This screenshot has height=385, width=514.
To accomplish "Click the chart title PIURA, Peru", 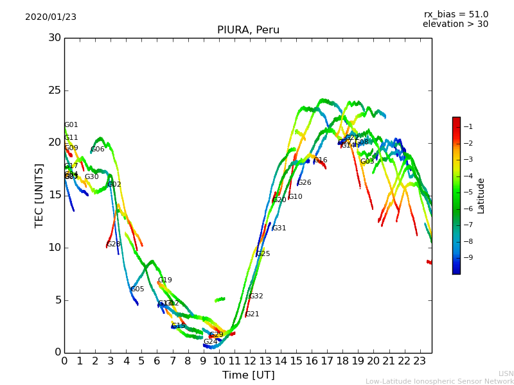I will pos(248,30).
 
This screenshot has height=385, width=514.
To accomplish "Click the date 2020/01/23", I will pos(51,17).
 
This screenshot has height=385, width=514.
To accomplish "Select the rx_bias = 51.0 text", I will pos(456,14).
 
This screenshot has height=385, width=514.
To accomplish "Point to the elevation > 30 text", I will pos(455,24).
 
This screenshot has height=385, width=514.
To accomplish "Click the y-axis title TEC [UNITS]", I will pos(39,195).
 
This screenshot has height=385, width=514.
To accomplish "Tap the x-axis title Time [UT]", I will pos(248,375).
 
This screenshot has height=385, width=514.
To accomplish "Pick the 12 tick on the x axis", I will pos(249,361).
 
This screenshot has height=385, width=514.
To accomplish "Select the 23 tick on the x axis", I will pos(420,361).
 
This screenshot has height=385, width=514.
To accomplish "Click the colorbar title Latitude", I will pos(481,195).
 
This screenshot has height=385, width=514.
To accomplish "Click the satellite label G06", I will pos(98,150).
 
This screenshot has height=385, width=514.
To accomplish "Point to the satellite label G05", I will pos(137,289).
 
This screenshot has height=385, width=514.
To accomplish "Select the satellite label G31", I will pos(279,228).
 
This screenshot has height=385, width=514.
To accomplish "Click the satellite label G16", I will pos(321,160).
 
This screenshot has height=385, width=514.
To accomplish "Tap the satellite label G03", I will pos(367,162).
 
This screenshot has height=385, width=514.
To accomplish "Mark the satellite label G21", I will pos(253,314).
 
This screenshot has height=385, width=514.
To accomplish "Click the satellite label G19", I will pos(165,280).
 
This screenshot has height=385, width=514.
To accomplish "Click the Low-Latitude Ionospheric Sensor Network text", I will pos(439,381).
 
